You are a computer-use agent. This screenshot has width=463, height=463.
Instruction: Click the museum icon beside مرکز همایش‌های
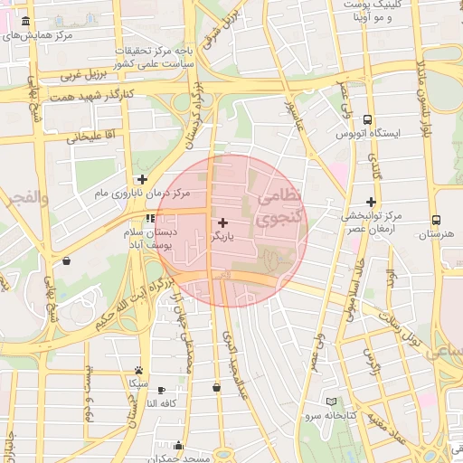[24, 21]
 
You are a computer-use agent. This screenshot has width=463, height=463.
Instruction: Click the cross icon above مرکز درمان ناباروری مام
[142, 179]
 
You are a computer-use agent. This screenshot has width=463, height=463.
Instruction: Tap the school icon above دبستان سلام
[149, 218]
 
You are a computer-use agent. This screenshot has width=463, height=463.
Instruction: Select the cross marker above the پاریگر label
[223, 222]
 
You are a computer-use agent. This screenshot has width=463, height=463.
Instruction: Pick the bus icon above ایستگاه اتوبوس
[367, 119]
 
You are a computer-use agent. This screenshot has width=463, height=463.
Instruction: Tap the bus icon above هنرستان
[436, 220]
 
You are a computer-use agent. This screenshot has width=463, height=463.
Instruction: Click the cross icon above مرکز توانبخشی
[370, 202]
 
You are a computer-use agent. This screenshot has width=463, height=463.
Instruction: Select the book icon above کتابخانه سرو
[331, 402]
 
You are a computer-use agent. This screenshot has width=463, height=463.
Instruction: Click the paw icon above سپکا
[138, 370]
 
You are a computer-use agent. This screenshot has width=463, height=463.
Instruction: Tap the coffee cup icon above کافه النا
[165, 389]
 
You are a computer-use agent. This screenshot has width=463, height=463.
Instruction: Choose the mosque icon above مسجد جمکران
[178, 445]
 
